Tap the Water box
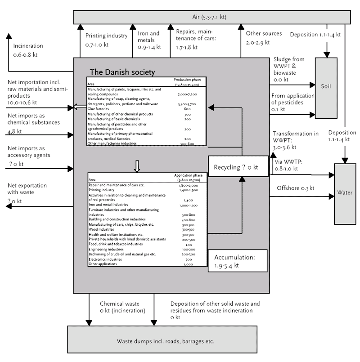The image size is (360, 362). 344,194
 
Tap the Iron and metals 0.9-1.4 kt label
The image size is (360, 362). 149,40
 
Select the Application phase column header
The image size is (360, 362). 189,177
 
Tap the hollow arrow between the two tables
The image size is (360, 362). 138,166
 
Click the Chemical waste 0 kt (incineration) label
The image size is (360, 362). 122,307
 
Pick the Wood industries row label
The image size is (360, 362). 101,229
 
